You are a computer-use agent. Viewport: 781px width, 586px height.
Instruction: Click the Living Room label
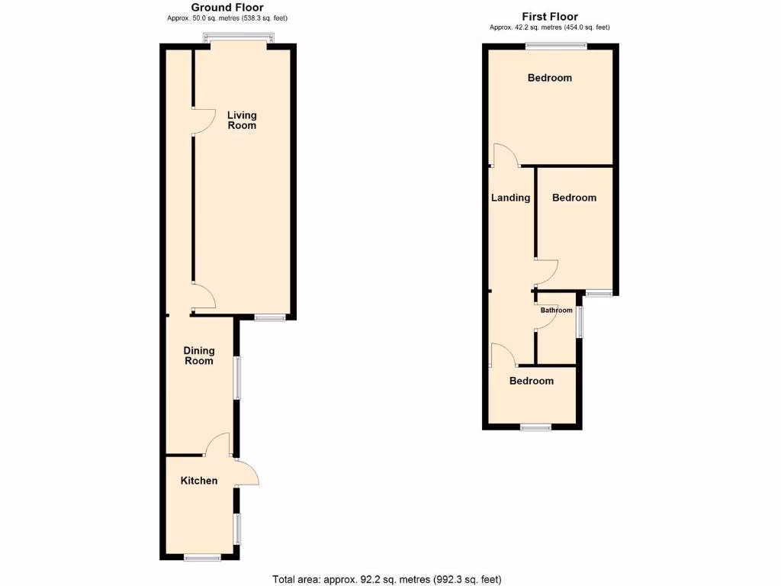pos(242,120)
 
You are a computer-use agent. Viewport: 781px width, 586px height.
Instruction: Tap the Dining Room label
pos(199,356)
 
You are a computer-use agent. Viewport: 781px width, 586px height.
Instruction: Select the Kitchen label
pos(199,481)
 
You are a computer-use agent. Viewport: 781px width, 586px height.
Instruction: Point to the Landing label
pos(510,198)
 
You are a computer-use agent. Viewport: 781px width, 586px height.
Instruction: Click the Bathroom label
pos(557,311)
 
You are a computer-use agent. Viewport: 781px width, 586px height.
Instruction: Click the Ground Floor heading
pos(227,8)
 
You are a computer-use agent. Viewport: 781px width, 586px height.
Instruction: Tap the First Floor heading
pos(550,16)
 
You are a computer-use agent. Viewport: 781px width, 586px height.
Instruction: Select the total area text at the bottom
pos(387,579)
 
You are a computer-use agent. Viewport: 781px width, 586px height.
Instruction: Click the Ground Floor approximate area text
pos(227,18)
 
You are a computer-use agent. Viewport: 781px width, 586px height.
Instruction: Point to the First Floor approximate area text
pos(550,27)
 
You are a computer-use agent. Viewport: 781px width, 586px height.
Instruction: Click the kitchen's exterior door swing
pos(249,474)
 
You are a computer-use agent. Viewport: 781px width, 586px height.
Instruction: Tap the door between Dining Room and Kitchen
pos(218,444)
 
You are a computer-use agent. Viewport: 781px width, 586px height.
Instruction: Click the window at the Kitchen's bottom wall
pos(202,559)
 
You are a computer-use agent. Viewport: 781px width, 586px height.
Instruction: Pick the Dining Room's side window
pos(237,377)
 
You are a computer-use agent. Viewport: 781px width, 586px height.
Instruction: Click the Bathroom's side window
pos(578,320)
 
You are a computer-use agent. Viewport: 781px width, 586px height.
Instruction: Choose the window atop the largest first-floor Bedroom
pos(556,47)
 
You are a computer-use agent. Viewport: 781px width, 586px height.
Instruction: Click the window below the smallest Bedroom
pos(535,427)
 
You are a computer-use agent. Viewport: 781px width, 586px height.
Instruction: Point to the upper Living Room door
pos(203,121)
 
